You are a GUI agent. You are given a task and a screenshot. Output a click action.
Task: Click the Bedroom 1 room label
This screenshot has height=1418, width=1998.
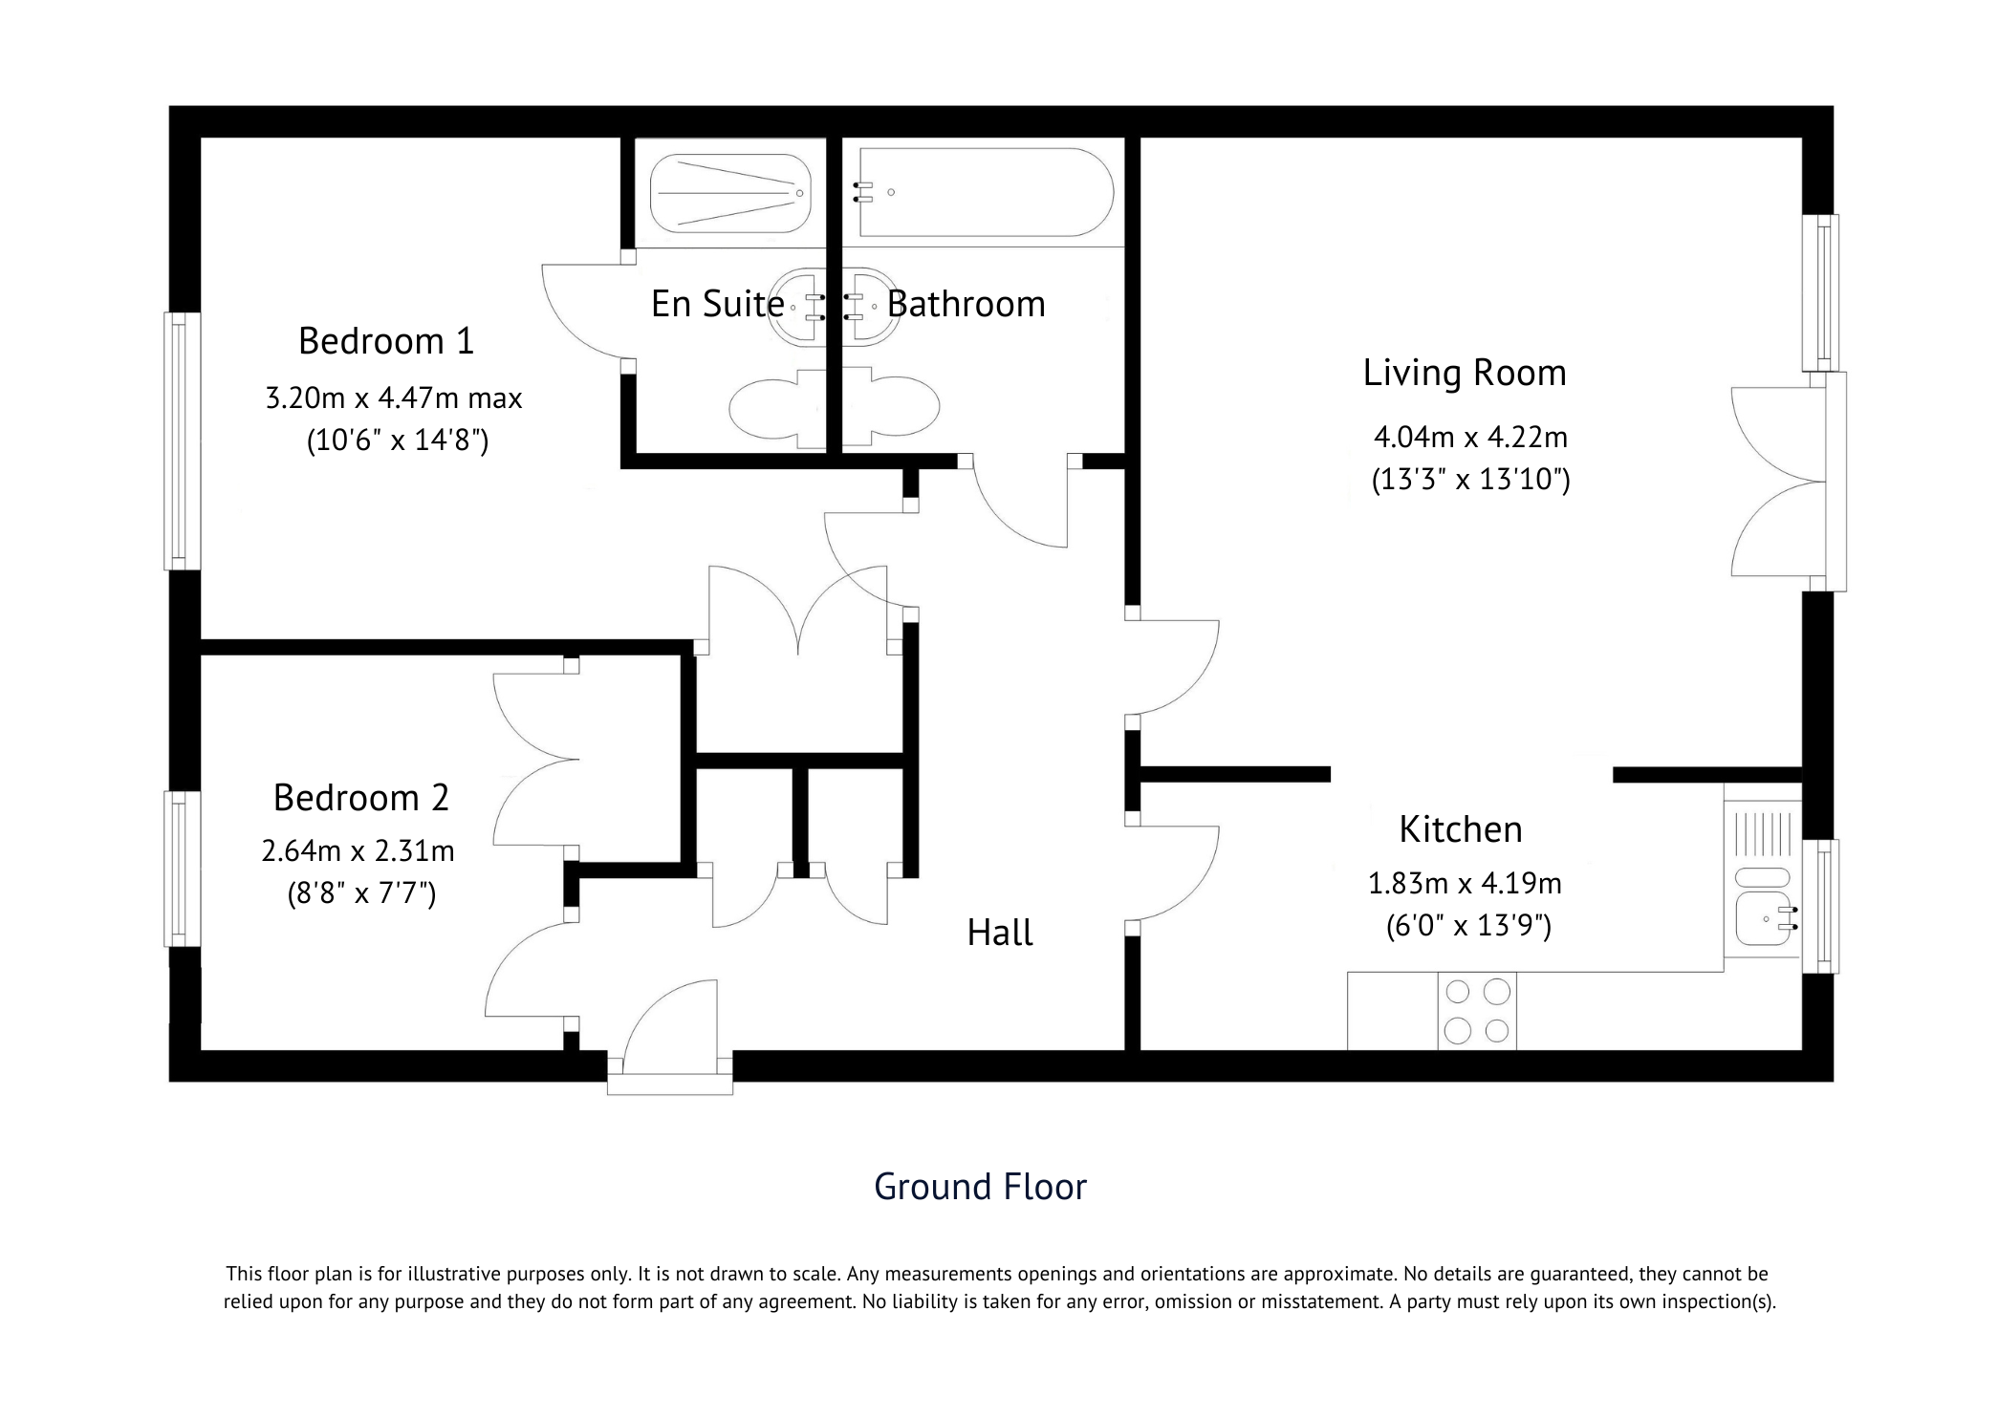pos(386,341)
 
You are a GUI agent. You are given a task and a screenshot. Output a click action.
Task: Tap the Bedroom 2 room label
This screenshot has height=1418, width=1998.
pos(361,798)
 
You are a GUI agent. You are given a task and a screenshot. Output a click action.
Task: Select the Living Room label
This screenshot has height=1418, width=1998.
pos(1465,374)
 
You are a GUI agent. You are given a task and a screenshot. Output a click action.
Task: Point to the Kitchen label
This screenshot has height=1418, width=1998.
pos(1461,829)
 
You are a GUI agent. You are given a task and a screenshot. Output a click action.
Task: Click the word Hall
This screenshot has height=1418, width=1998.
pos(1000,933)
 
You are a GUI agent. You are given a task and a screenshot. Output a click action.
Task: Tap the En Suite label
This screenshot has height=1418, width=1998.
pos(718,304)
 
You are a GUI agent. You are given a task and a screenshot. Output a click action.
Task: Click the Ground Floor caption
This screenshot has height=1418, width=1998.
pos(981,1187)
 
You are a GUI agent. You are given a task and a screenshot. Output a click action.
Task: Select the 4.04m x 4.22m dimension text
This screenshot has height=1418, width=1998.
pos(1471,438)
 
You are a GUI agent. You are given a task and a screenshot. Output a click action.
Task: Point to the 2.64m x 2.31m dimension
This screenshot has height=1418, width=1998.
pos(358,850)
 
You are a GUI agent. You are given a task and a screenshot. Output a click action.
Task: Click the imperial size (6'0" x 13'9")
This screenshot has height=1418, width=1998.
pos(1469,926)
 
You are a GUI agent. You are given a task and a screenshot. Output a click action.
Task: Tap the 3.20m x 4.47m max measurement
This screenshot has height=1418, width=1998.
pos(394,397)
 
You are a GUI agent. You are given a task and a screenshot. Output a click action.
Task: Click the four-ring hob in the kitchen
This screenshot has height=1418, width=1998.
pos(1477,1011)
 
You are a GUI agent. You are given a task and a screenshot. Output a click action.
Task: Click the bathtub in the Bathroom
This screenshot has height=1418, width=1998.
pos(985,192)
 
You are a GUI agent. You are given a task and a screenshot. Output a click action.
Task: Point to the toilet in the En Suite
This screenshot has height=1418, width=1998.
pos(775,408)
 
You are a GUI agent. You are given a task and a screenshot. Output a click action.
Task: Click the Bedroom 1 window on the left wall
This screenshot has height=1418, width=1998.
pos(183,440)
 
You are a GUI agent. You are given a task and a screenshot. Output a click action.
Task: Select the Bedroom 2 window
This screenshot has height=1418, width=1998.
pos(183,869)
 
